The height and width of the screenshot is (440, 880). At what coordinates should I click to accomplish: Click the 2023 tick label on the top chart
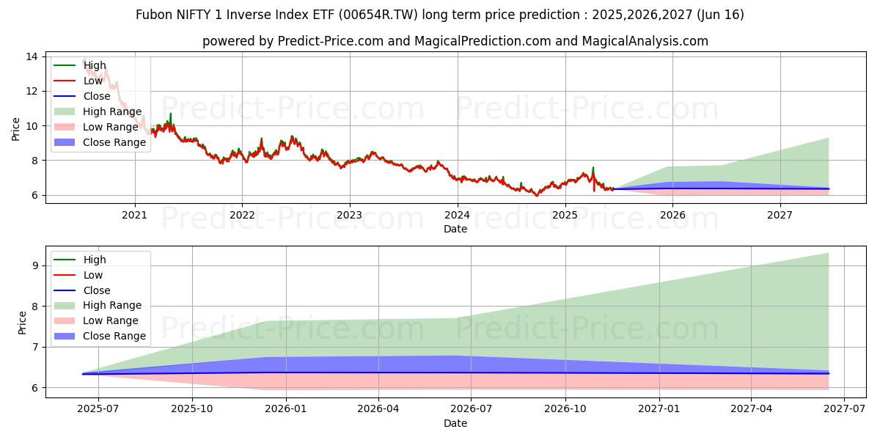click(x=349, y=215)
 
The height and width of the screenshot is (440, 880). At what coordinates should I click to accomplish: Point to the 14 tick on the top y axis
click(x=32, y=56)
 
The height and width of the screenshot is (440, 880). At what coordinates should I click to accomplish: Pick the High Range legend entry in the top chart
click(x=112, y=111)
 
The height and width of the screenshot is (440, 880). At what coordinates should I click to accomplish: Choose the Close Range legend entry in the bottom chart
click(x=114, y=336)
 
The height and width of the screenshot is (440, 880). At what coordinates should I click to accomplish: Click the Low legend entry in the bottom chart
click(x=93, y=274)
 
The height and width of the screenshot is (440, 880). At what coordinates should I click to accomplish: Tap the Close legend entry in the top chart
click(x=97, y=96)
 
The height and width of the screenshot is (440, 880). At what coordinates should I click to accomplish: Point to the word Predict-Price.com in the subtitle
click(x=331, y=41)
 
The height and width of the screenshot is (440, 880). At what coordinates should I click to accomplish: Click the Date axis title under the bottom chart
click(x=455, y=423)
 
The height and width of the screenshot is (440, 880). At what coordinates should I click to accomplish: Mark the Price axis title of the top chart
click(x=16, y=129)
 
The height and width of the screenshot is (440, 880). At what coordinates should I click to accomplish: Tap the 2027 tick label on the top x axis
click(x=780, y=215)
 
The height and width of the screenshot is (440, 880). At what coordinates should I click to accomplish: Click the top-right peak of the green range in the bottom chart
click(x=828, y=254)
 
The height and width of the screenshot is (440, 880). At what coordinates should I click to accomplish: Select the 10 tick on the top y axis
click(x=32, y=125)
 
